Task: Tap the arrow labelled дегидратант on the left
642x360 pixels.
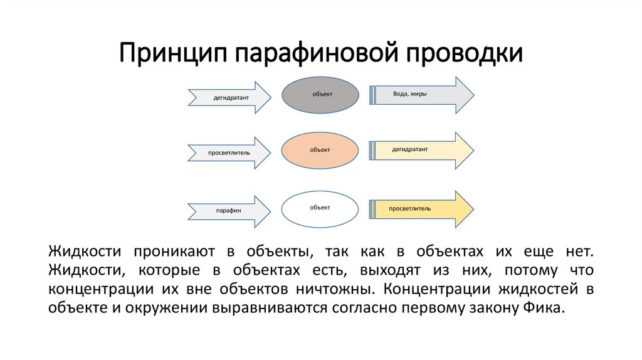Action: coord(229,97)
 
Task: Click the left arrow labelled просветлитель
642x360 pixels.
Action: coord(229,152)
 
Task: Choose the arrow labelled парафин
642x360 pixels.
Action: coord(229,211)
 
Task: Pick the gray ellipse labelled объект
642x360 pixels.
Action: coord(320,94)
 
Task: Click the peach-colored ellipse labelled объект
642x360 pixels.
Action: coord(320,151)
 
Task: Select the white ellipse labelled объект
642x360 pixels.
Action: coord(320,208)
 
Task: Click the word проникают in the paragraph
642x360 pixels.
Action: coord(171,252)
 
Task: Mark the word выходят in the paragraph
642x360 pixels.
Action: coord(379,271)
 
